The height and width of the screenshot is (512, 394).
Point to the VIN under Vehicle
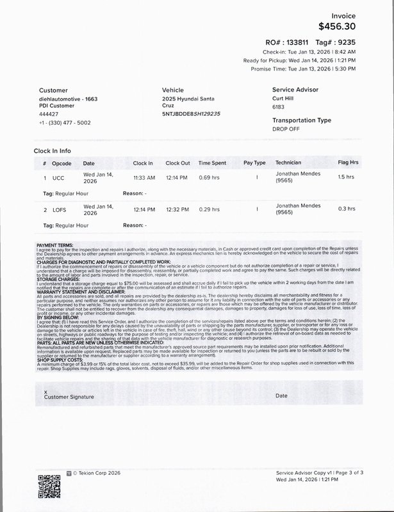tap(191, 113)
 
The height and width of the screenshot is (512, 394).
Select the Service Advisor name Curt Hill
tap(286, 100)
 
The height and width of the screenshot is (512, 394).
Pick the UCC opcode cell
tap(58, 177)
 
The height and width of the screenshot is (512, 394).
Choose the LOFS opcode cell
tap(59, 209)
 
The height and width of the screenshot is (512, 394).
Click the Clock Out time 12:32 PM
tap(177, 209)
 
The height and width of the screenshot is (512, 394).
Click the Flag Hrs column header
tap(348, 163)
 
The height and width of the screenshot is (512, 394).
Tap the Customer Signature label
tap(69, 397)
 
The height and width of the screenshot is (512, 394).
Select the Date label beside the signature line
tap(281, 396)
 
